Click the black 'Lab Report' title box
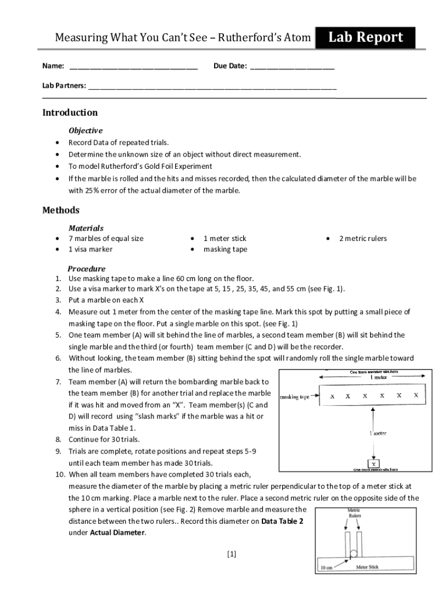pos(365,38)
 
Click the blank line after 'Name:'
pos(133,67)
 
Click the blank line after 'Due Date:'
pos(292,67)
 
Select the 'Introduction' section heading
pos(70,112)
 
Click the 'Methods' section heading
pos(61,210)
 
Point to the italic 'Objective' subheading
pos(86,130)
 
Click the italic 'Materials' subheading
pos(86,228)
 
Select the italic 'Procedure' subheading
pos(87,269)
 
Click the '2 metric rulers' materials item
pos(362,239)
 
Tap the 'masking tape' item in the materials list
pos(225,250)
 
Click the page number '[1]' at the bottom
pos(232,555)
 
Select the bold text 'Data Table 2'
pos(282,521)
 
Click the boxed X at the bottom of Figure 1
pos(372,464)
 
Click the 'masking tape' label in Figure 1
pos(296,397)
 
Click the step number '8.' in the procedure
pos(59,439)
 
